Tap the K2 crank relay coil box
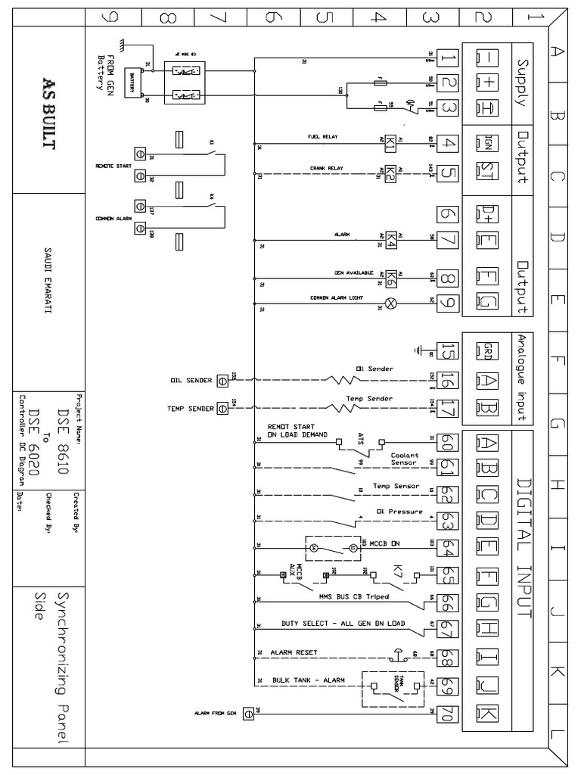tap(390, 173)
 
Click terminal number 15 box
tap(449, 350)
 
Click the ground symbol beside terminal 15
tap(419, 350)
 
